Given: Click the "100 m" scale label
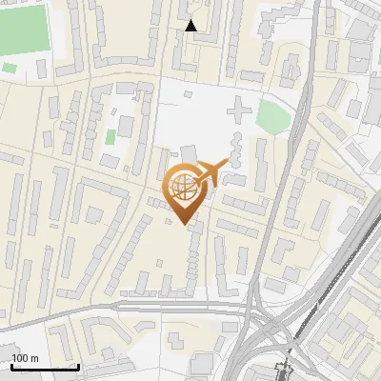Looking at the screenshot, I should [25, 358].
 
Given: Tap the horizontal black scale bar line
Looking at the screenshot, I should [45, 367].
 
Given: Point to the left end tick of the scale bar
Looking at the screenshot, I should [11, 366].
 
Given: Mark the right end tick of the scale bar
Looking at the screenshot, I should [78, 366].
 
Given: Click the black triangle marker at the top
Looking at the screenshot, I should [191, 26].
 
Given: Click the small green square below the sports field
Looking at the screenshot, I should [10, 68].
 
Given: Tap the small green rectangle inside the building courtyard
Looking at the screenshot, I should [110, 136].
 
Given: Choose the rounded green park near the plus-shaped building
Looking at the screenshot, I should [273, 117].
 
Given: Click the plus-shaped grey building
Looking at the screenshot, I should [238, 113].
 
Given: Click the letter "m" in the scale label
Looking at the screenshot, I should [34, 358].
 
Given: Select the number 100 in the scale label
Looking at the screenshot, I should [20, 358].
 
